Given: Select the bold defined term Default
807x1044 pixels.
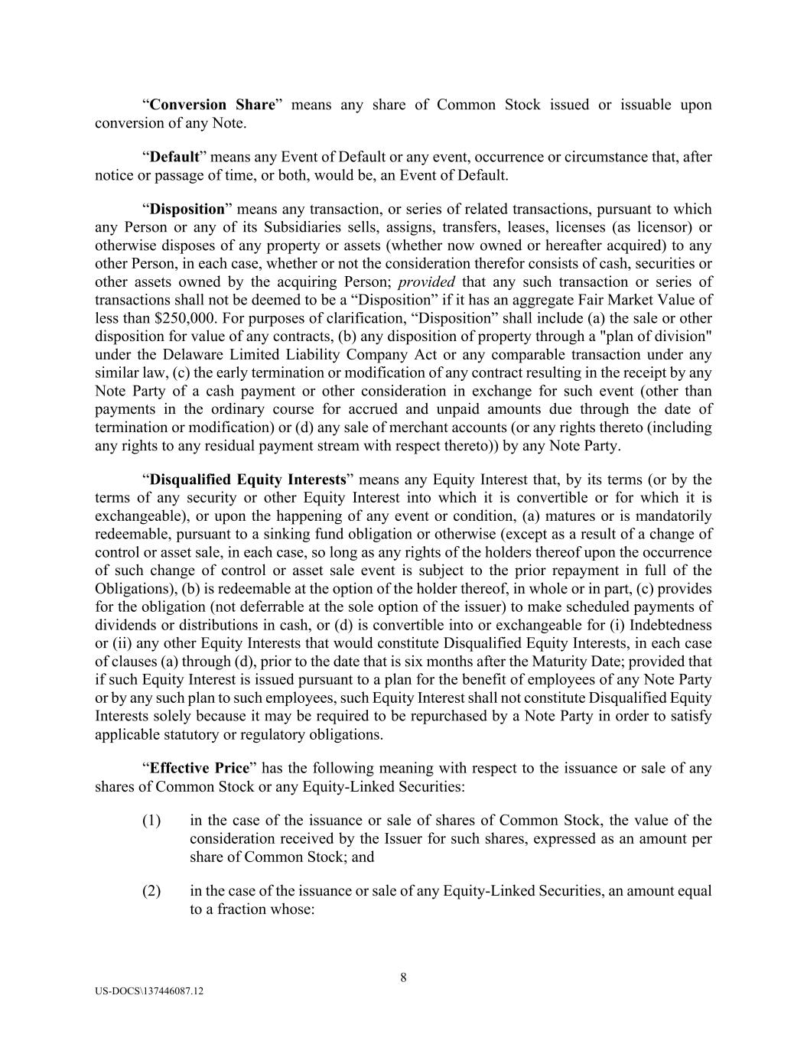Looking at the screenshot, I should point(174,157).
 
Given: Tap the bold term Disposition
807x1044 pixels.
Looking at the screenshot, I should point(187,209).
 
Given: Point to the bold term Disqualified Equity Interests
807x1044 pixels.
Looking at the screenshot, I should point(248,480).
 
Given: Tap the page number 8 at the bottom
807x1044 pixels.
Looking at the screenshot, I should point(403,977).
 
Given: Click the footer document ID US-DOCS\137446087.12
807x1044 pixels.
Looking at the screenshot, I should point(150,990).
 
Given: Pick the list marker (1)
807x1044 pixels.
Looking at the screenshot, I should point(151,820).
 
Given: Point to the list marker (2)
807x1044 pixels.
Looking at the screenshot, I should point(151,890).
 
